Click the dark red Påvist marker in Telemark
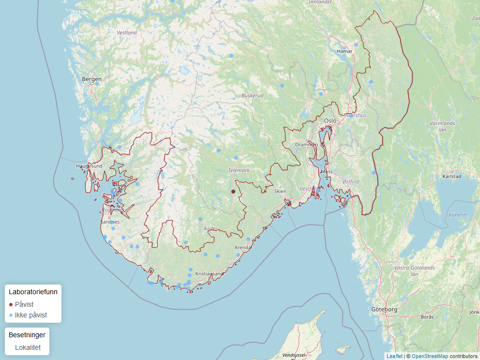[233, 192]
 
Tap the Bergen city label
[92, 79]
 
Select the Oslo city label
[330, 121]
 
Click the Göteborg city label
[384, 309]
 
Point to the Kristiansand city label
[209, 274]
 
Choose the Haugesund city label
[89, 166]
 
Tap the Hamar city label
[345, 51]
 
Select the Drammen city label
[307, 145]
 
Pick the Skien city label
[280, 191]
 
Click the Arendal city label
[243, 248]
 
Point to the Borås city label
[427, 317]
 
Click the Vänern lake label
[458, 215]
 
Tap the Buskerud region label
[253, 96]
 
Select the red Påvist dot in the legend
[11, 305]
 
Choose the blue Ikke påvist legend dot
[11, 315]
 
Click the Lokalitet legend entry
[28, 347]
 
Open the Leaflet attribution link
[394, 356]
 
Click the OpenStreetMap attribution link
[430, 356]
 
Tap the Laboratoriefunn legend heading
[33, 292]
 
